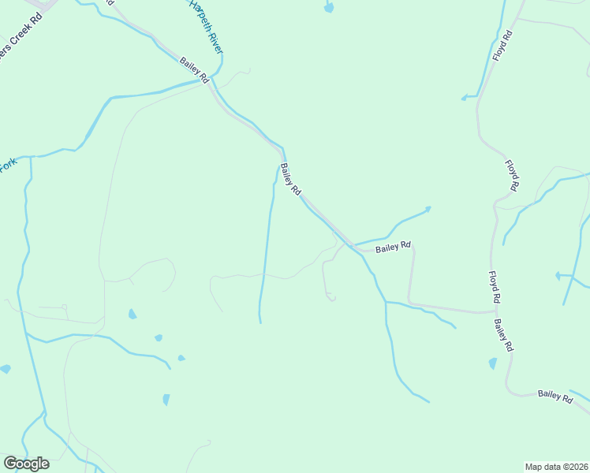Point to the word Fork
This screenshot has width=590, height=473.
coord(8,166)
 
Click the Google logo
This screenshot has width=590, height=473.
coord(26,464)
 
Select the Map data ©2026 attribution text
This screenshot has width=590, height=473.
coord(556,467)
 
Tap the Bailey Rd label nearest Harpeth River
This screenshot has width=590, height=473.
coord(193,71)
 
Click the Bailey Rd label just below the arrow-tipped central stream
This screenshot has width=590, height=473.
coord(394,247)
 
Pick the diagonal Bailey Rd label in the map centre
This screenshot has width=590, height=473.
coord(291,180)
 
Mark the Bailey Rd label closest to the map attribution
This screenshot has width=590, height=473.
coord(555,397)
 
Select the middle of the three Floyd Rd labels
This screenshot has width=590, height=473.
coord(513,176)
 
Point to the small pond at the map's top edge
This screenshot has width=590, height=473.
coord(329,8)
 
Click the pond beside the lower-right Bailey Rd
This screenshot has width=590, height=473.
coord(493,363)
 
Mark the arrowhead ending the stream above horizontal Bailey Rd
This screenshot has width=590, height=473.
coord(428,209)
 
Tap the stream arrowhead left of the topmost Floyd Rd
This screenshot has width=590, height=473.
coord(465,98)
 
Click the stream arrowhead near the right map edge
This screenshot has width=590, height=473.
coord(558,276)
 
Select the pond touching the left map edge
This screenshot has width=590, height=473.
coord(5,369)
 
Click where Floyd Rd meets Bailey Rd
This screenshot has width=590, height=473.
coord(495,311)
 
